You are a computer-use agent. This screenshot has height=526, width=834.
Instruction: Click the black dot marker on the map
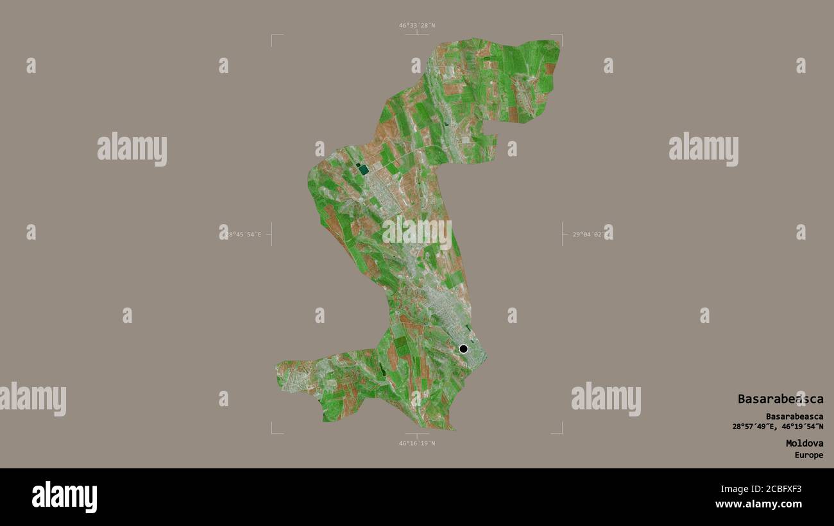click(x=463, y=349)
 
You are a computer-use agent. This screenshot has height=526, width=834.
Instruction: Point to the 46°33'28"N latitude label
click(x=416, y=26)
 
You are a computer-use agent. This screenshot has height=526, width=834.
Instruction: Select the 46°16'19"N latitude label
click(x=416, y=443)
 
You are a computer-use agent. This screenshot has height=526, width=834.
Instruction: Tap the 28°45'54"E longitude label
click(x=243, y=234)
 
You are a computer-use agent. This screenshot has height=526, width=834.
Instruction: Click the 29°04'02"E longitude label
click(x=591, y=234)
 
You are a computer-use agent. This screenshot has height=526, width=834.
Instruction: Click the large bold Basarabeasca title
click(x=780, y=399)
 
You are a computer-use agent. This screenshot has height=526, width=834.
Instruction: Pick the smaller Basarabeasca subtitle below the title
click(x=794, y=416)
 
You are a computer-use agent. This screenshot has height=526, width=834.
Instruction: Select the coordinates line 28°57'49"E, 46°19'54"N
click(x=778, y=427)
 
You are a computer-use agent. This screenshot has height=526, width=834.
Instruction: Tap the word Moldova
click(x=804, y=443)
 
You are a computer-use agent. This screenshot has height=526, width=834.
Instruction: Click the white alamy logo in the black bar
click(x=65, y=497)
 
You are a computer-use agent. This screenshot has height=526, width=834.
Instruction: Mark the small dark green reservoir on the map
click(x=363, y=169)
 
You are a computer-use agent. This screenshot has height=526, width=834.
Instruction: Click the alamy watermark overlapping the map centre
click(x=417, y=234)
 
